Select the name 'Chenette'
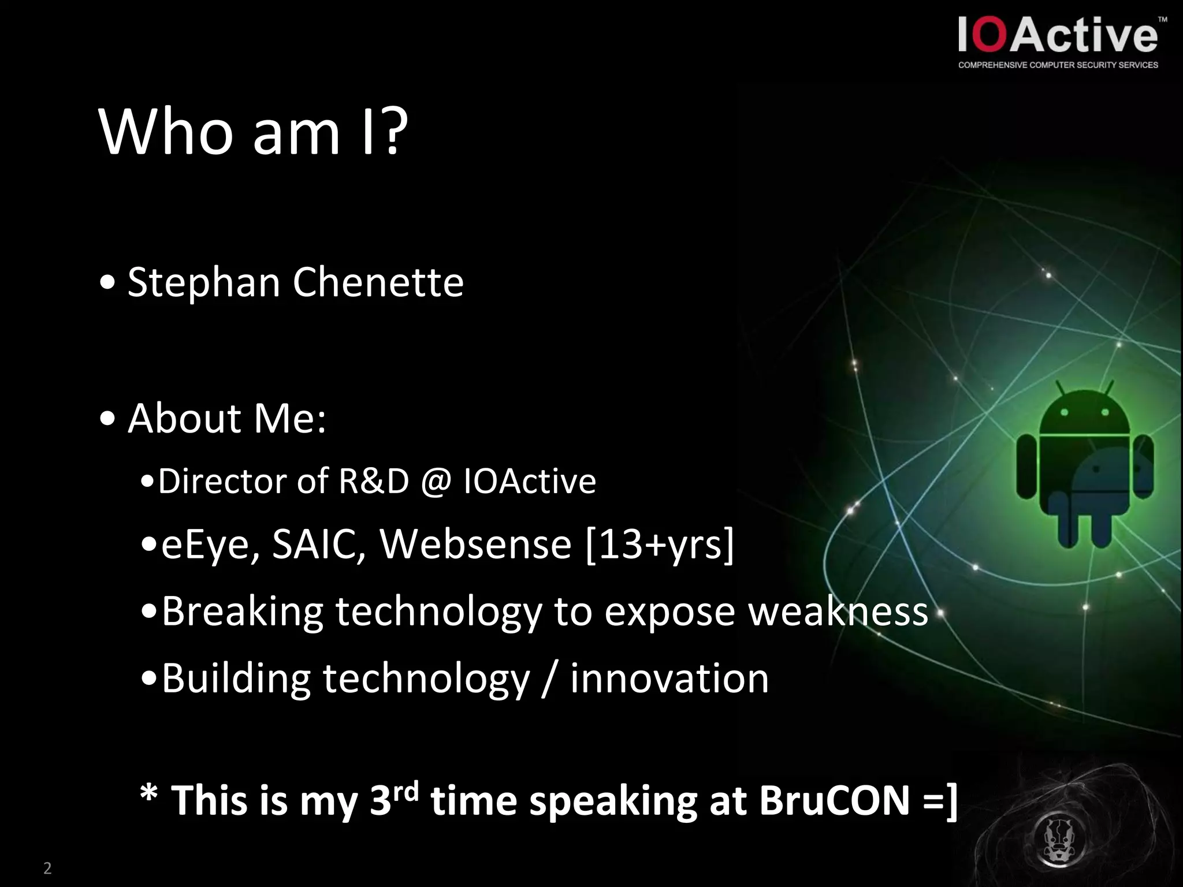(x=378, y=282)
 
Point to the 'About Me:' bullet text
(x=226, y=418)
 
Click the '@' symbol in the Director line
(x=436, y=482)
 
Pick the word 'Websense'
(x=475, y=545)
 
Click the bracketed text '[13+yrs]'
(x=659, y=545)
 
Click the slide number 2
(x=47, y=868)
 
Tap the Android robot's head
(x=1084, y=413)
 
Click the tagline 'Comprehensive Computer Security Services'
(x=1058, y=65)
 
